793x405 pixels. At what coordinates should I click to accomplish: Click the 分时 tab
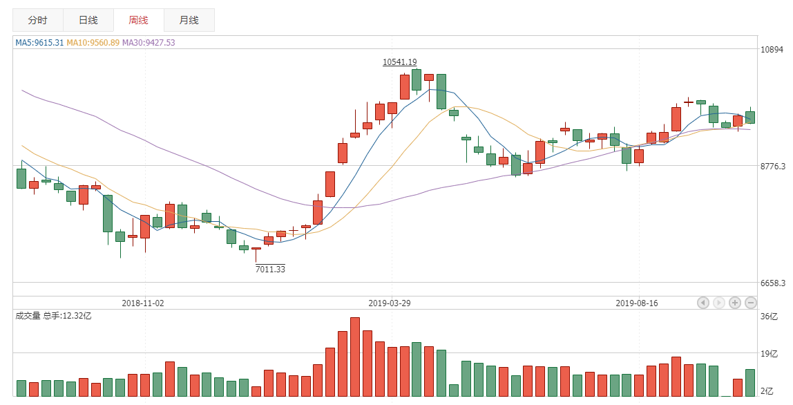38,20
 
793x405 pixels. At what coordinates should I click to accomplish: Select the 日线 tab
88,20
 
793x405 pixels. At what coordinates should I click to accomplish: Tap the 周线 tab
138,20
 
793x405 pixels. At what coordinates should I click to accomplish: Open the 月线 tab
189,20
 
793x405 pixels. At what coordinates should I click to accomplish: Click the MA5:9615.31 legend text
39,43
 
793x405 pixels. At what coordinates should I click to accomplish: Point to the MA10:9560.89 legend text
93,43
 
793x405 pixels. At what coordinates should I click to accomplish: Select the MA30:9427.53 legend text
149,43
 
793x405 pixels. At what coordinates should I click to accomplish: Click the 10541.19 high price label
400,62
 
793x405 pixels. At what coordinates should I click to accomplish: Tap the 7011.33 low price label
270,269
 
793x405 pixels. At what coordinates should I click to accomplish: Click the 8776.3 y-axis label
773,167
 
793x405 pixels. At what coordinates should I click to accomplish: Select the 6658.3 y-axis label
773,283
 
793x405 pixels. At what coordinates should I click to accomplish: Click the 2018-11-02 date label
143,303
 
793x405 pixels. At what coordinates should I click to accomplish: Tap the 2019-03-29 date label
390,303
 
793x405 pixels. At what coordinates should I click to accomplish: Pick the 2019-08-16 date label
637,303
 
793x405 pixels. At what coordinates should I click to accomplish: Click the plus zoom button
735,303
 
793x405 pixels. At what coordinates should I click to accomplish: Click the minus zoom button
751,303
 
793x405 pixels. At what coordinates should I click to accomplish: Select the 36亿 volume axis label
769,317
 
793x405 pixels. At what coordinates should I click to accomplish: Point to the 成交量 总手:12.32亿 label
53,316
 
